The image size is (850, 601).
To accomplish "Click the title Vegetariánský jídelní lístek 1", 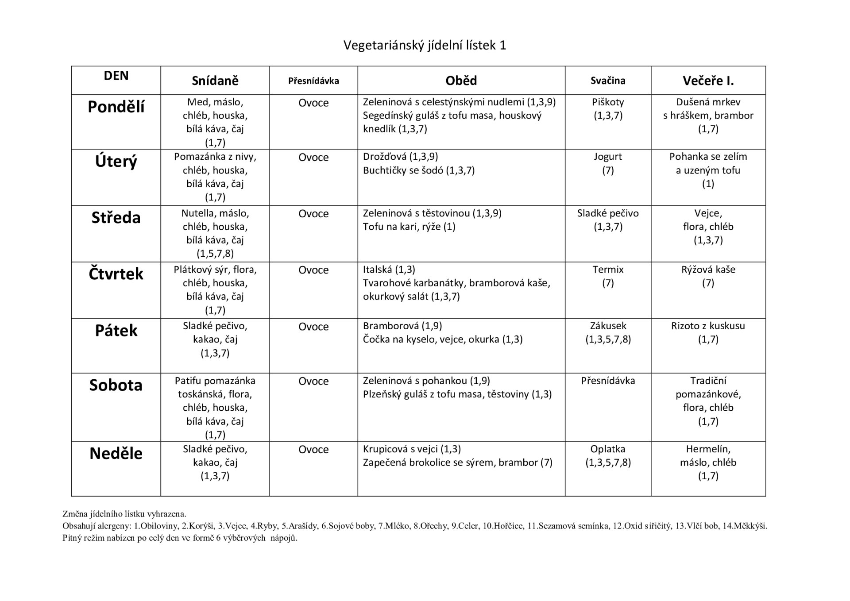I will tap(425, 45).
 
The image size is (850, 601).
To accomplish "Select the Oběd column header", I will tap(461, 81).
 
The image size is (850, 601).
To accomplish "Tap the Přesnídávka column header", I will tap(313, 81).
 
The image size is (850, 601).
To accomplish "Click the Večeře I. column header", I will tap(708, 81).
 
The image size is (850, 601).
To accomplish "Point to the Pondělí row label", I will tap(116, 107).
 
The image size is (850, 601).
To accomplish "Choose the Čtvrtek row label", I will tap(116, 274).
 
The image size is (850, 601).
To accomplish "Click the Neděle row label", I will tap(116, 454).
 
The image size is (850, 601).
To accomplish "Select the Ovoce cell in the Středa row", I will tap(313, 214).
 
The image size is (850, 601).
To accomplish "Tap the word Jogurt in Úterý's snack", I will tap(608, 157).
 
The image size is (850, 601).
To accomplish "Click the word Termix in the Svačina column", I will tap(608, 270).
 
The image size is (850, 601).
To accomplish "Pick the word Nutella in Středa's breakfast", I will tap(197, 213).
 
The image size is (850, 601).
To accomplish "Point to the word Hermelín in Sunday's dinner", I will tap(708, 449).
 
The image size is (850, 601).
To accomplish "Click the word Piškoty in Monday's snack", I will tap(608, 102).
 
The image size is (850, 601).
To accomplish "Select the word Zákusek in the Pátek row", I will tap(608, 326).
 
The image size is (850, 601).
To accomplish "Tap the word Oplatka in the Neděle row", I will tap(608, 449).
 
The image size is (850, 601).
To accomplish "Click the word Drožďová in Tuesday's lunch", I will tap(384, 157).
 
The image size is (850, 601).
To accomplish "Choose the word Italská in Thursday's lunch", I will tap(377, 270).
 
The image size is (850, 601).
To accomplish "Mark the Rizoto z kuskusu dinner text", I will tap(708, 326).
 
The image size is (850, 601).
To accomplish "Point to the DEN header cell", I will tap(116, 76).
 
